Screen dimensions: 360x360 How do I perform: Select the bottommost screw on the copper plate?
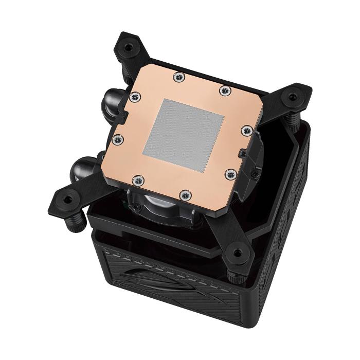[x=185, y=195]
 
